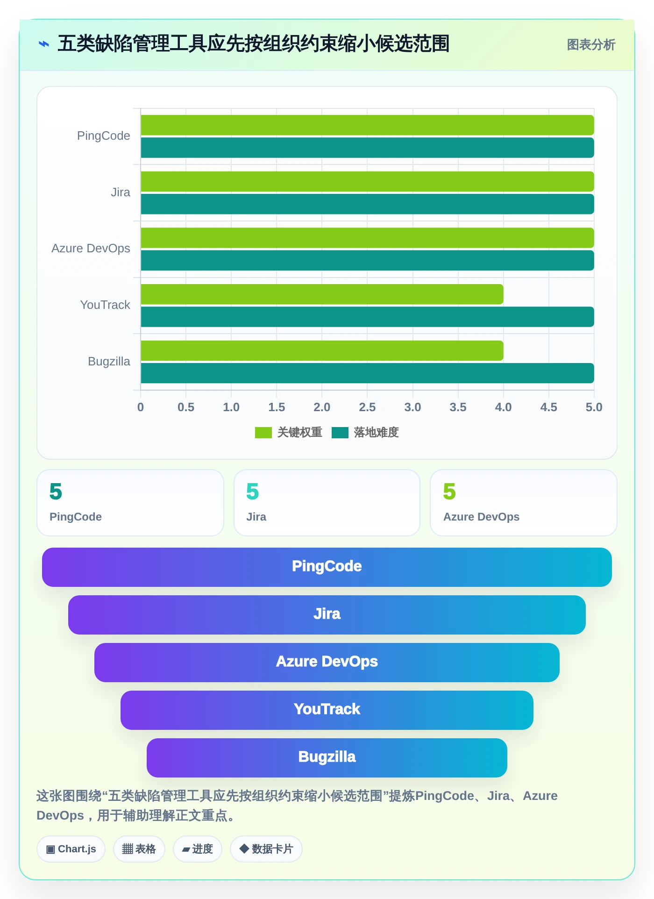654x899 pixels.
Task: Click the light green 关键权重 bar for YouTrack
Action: pos(322,294)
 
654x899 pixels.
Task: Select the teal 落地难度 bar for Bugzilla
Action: pos(367,373)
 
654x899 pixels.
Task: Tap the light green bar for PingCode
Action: pos(367,125)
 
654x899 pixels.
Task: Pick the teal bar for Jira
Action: pos(367,204)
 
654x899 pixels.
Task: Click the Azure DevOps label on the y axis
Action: pos(91,248)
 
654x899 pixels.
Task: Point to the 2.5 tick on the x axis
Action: pos(367,407)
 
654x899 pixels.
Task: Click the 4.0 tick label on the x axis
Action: pos(503,407)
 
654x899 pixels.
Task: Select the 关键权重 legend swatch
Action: pos(263,433)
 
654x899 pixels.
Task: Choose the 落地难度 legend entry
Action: pos(365,433)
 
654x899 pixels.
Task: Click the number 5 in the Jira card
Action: pos(252,492)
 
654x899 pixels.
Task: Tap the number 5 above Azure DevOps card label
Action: pos(449,492)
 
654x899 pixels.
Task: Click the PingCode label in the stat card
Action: pos(76,517)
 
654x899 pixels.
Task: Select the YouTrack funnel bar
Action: pos(327,710)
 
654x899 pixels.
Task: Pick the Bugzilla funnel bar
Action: pos(327,758)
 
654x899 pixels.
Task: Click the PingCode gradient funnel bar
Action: pos(327,567)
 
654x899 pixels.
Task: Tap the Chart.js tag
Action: pos(71,849)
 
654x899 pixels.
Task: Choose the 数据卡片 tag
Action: pos(266,849)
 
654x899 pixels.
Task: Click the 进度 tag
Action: pos(198,849)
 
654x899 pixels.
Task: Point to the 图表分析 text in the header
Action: pos(591,45)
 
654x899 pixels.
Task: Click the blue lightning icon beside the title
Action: pos(43,44)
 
